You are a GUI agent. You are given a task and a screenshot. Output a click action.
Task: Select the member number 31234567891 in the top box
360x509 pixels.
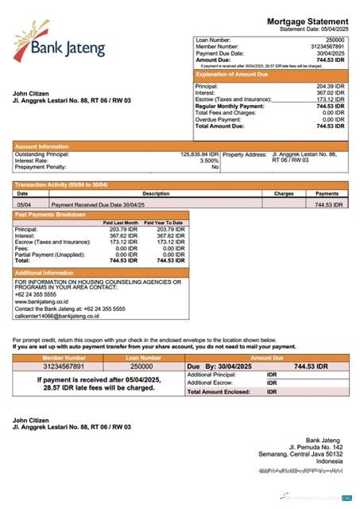click(x=327, y=46)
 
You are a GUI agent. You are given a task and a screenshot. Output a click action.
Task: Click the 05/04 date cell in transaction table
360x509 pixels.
click(x=24, y=204)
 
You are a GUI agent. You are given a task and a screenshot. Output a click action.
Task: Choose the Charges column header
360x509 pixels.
click(x=284, y=193)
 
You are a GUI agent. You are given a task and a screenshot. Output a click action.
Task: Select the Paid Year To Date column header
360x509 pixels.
click(x=164, y=223)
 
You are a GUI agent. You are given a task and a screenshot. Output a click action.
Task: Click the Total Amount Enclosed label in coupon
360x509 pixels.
click(x=222, y=391)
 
